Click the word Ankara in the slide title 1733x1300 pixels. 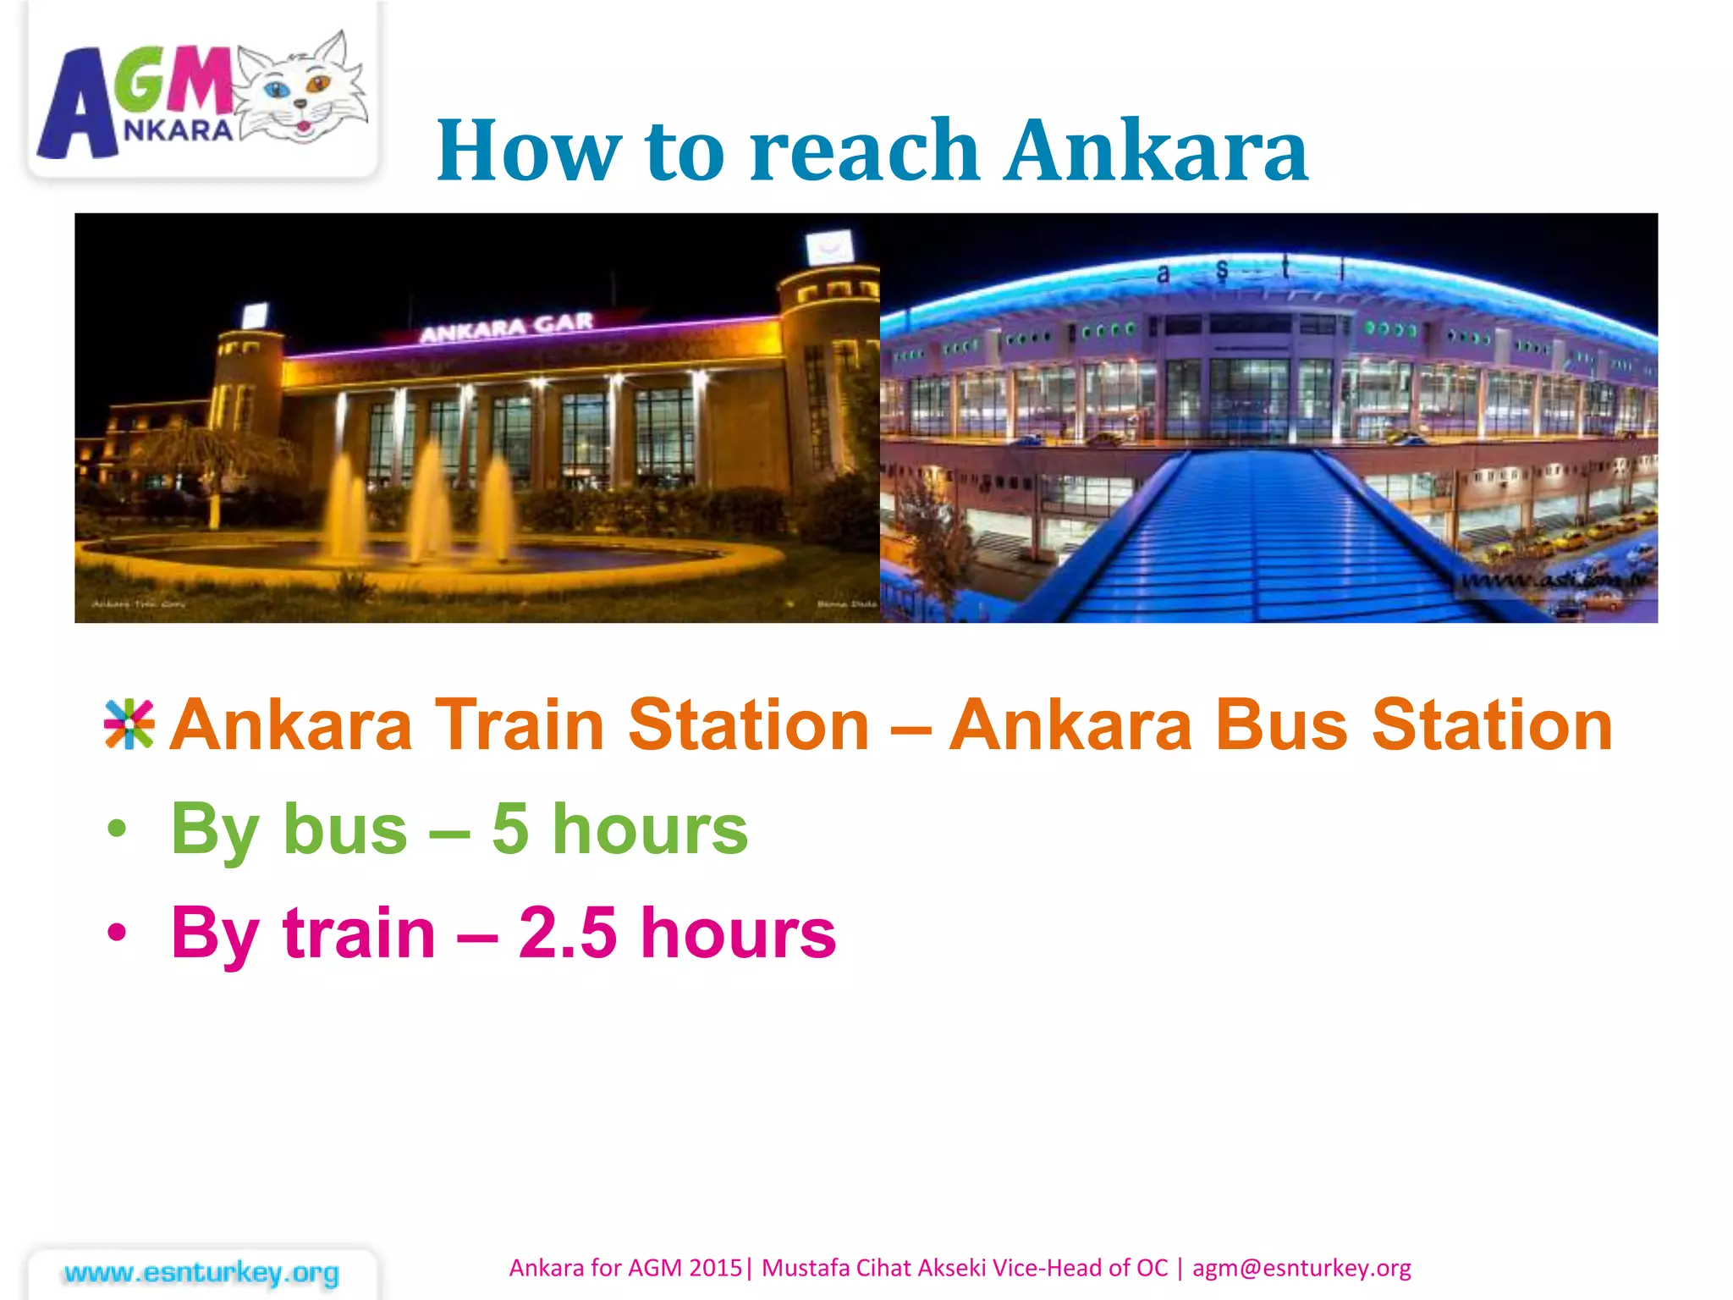tap(1156, 151)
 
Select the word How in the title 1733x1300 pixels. tap(529, 151)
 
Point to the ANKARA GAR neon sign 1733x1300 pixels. tap(506, 328)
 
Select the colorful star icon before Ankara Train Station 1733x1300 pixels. tap(129, 725)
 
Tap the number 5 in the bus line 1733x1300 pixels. tap(510, 829)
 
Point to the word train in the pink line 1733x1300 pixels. tap(359, 933)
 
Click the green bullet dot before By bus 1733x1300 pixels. tap(117, 830)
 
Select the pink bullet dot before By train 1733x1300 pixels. tap(117, 934)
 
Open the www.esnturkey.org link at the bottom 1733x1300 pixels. tap(201, 1272)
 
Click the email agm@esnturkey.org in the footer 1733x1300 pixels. tap(1301, 1268)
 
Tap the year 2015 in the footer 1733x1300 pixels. tap(715, 1268)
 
